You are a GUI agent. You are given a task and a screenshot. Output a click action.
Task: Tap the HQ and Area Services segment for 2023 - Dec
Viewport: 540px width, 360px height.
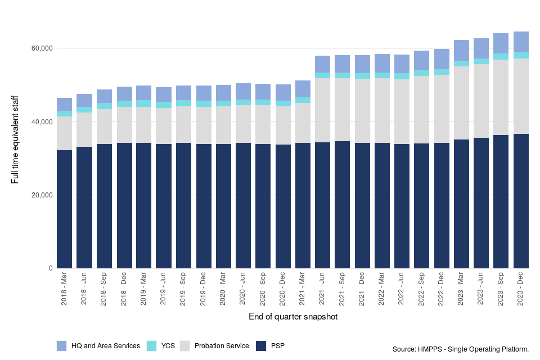521,42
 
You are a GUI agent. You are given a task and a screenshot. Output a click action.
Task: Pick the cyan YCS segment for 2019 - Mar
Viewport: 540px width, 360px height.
143,103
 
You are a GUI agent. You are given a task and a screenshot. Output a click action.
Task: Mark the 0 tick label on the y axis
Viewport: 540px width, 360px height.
49,268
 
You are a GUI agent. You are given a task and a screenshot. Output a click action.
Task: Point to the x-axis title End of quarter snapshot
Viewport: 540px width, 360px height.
292,317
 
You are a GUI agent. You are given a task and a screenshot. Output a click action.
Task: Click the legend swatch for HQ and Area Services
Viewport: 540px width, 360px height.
62,346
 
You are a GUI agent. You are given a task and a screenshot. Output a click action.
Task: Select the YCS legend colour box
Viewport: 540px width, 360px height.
151,346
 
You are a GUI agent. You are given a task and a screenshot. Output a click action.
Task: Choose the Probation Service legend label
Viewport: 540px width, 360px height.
222,346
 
